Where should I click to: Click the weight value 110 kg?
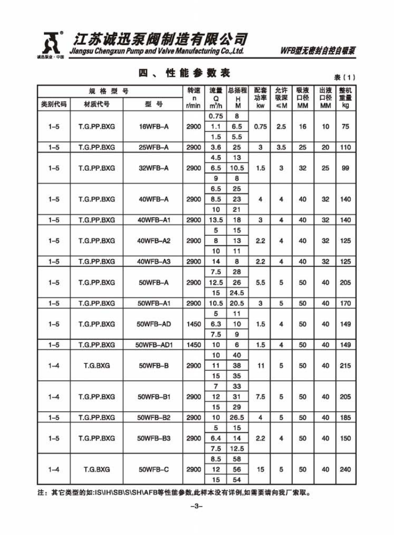[x=345, y=147]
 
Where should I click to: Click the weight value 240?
[x=345, y=469]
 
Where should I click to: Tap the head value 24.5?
[x=238, y=293]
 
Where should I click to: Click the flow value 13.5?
[x=216, y=220]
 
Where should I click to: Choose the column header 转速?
[x=193, y=91]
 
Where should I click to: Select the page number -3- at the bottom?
[x=197, y=506]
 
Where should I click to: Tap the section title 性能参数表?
[x=197, y=73]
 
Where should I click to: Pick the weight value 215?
[x=345, y=366]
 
